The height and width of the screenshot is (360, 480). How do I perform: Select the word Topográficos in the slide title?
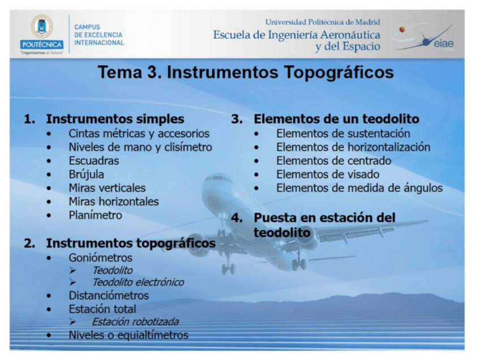339,73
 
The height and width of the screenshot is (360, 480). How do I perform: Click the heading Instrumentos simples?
115,119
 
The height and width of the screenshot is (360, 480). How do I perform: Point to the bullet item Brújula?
86,174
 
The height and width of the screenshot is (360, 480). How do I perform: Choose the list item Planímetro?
95,215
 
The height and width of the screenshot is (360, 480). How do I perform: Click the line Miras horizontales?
113,202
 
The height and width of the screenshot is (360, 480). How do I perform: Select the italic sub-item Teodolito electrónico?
138,282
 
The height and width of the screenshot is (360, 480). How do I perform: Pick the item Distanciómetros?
109,295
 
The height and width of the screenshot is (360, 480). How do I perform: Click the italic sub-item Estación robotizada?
135,322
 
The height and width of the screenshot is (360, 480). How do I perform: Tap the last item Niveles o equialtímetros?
128,335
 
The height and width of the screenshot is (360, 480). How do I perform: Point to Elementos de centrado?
333,161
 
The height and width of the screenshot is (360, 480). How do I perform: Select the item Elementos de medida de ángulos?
359,188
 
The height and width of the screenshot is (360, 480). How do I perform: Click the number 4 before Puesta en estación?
237,218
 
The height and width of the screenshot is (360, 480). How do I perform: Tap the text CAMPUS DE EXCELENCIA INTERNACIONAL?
98,35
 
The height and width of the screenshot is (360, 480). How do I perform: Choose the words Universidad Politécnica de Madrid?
323,22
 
